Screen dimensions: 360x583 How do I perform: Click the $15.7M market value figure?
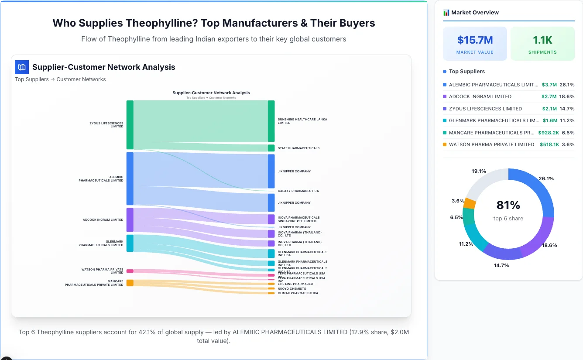(475, 40)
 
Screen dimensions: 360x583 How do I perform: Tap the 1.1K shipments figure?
(542, 40)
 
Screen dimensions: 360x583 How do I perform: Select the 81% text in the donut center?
(508, 205)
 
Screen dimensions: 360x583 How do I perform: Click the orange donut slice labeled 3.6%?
(470, 203)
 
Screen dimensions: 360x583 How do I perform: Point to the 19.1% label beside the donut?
(479, 171)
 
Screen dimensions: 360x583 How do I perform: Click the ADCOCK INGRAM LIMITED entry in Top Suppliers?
(480, 96)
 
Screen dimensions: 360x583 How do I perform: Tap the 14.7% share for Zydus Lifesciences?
(567, 109)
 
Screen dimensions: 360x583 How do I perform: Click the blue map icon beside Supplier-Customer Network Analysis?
(22, 67)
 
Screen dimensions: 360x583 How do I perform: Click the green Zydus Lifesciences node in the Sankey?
(130, 125)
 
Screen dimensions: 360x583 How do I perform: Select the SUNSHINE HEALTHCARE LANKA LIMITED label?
(302, 121)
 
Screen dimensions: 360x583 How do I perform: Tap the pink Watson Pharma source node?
(130, 271)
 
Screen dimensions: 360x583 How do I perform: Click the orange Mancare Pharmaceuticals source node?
(130, 283)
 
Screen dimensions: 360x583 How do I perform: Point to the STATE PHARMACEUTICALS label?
(298, 148)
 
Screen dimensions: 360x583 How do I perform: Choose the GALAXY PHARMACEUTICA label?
(298, 191)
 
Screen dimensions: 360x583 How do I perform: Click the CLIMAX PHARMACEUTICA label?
(298, 293)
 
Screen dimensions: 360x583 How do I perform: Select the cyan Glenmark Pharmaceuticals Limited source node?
(130, 243)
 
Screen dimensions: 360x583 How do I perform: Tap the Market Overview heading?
(475, 12)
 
